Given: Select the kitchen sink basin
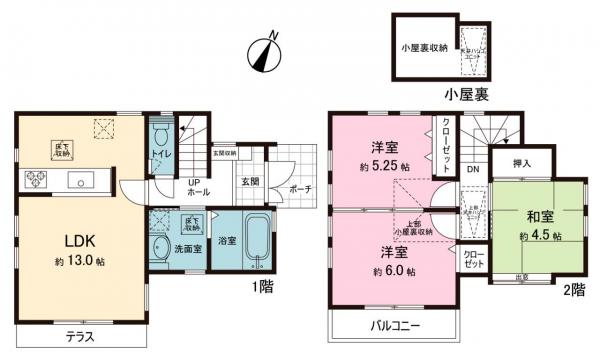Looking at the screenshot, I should [78, 180].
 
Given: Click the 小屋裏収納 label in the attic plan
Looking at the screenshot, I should [424, 49].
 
